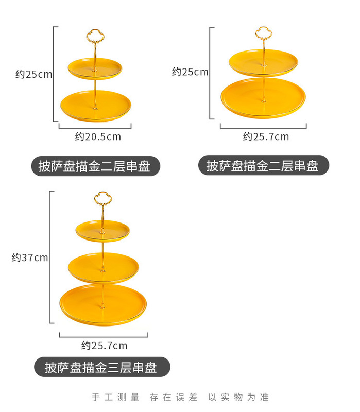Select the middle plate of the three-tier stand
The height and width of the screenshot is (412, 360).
point(104,268)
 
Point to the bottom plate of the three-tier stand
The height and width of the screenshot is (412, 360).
point(103,305)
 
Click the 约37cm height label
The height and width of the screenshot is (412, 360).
point(30,257)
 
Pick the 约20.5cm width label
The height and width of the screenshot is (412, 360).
point(98,136)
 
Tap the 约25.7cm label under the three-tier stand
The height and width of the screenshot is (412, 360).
point(104,346)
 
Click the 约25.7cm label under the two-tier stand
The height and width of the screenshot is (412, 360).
point(266,136)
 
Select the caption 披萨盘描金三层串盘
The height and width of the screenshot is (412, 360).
point(100,367)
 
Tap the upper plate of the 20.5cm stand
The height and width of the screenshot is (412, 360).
point(95,68)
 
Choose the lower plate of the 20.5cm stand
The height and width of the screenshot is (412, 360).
point(96,106)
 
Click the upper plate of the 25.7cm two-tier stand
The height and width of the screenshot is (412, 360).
point(263,63)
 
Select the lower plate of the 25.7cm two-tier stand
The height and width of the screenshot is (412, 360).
point(263,98)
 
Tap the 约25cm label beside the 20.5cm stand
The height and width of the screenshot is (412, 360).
point(34,74)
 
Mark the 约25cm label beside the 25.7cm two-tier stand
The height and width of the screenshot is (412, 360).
point(190,72)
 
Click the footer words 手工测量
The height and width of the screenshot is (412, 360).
point(115,397)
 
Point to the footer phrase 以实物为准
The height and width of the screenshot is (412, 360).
point(238,397)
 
